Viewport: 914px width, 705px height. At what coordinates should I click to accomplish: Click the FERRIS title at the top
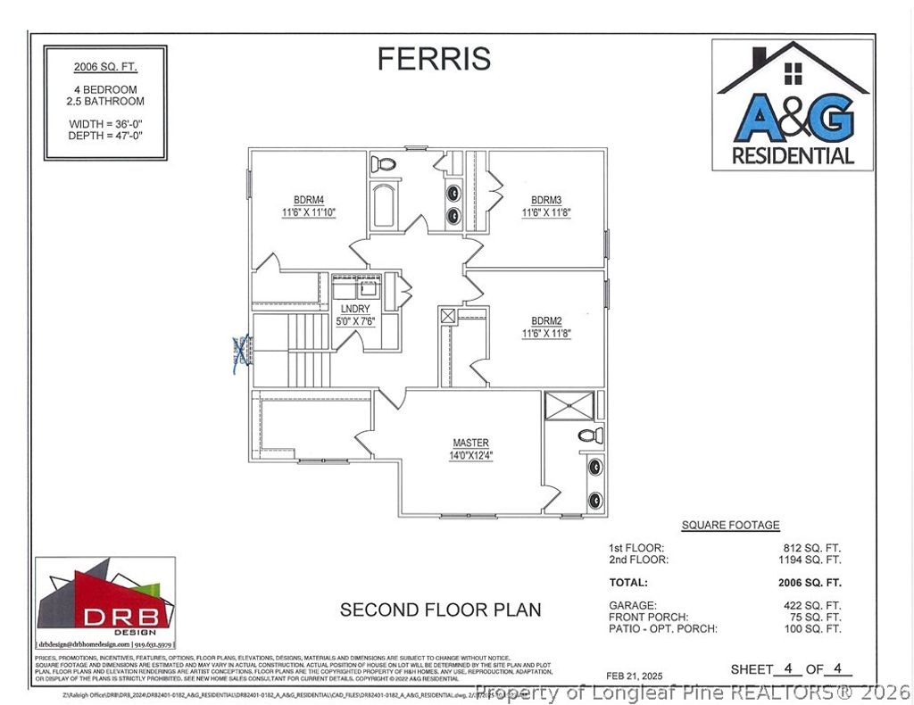tap(434, 58)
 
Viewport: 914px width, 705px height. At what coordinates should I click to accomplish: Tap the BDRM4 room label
tap(308, 200)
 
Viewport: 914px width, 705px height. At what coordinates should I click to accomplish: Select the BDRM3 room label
tap(545, 200)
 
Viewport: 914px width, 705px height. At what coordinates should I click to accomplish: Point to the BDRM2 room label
tap(545, 320)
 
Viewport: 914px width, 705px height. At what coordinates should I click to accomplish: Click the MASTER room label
tap(470, 444)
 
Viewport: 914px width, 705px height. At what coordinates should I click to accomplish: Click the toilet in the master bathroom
tap(586, 435)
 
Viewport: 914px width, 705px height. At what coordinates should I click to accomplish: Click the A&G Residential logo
tap(792, 104)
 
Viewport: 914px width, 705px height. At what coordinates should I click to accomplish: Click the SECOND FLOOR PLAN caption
tap(440, 610)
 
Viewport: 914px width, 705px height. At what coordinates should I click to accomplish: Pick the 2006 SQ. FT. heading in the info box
tap(105, 67)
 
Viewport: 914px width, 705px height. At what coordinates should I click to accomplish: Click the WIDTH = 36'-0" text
tap(105, 123)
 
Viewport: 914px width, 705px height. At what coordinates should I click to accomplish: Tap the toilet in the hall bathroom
tap(383, 164)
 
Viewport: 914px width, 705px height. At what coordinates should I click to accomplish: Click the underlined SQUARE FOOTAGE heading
tap(730, 526)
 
